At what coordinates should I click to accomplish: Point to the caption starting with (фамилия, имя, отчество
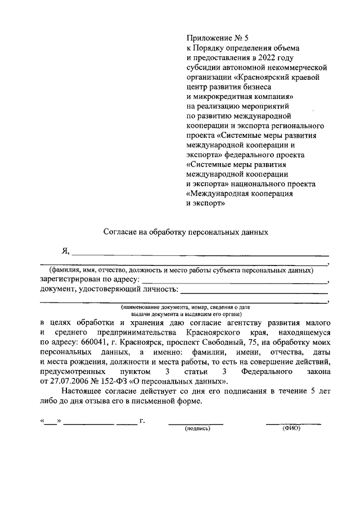click(181, 269)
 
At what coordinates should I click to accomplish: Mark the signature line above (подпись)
click(196, 422)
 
